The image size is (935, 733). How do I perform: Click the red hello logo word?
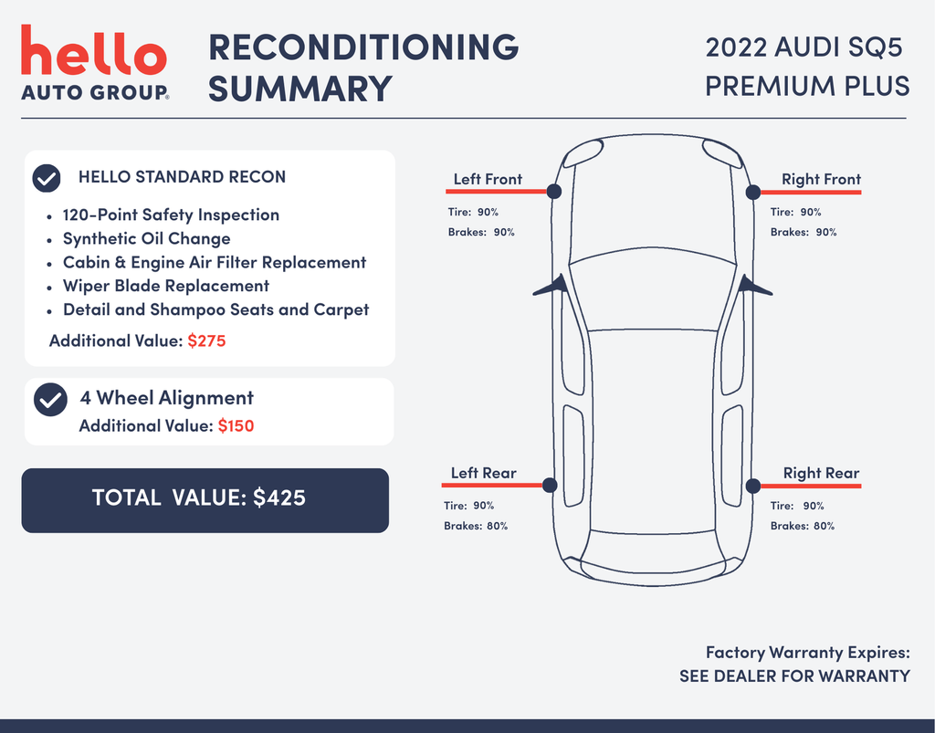pos(94,50)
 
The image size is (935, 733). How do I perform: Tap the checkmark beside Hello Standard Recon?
pos(47,178)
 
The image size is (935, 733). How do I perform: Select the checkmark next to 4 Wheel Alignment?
pos(51,399)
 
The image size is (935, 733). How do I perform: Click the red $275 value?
pos(206,340)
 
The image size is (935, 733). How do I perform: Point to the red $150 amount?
pos(236,425)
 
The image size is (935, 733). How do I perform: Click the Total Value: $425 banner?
pos(205,500)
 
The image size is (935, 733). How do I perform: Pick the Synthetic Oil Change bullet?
pos(147,238)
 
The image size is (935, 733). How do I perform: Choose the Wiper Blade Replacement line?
pos(166,286)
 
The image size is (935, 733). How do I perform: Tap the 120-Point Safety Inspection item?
pos(171,215)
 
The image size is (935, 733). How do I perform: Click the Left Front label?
pos(488,179)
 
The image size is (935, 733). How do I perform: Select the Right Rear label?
pos(821,473)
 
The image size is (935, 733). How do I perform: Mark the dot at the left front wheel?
pos(554,192)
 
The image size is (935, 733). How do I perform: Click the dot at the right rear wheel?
pos(753,486)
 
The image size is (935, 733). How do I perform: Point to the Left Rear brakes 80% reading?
pos(476,526)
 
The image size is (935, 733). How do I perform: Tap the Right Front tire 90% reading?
pos(795,212)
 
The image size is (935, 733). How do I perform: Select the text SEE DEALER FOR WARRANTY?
pos(794,675)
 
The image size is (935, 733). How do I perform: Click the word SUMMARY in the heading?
pos(299,89)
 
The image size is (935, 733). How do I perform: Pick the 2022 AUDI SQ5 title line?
pos(804,47)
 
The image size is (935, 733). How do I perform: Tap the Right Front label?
pos(821,179)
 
